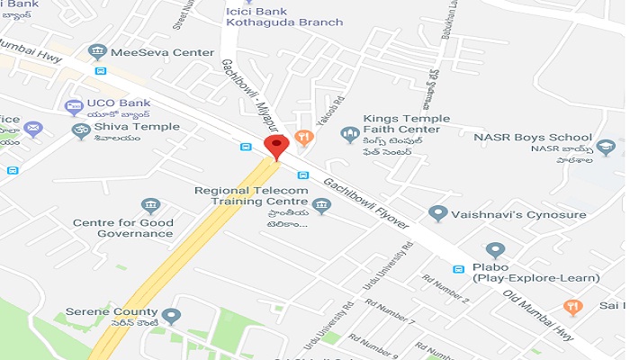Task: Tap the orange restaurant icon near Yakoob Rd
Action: [x=303, y=139]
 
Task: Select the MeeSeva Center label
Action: [x=162, y=52]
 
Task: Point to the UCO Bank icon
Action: [x=74, y=108]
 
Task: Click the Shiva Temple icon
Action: [x=81, y=131]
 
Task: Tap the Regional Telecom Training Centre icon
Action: [x=321, y=206]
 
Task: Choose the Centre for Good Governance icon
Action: [x=150, y=207]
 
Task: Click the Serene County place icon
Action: [x=171, y=316]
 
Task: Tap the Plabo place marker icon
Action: [x=494, y=251]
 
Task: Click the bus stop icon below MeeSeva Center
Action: [x=101, y=71]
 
